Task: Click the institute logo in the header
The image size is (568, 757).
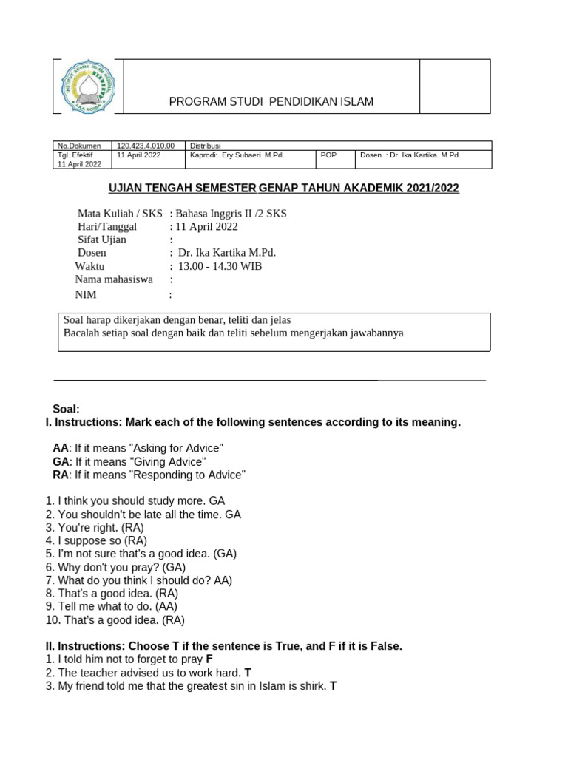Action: [x=88, y=86]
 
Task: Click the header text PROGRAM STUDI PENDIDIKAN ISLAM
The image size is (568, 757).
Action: [x=271, y=101]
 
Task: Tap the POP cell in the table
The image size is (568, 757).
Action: [x=329, y=155]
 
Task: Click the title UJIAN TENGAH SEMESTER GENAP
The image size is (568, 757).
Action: [x=284, y=189]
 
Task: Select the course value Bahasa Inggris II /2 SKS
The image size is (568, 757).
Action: [x=228, y=214]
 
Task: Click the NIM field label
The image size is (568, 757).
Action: [x=86, y=294]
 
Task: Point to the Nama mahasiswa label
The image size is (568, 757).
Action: [x=114, y=279]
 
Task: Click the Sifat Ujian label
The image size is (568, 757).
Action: [x=102, y=240]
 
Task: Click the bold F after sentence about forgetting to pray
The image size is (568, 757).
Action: [x=209, y=659]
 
